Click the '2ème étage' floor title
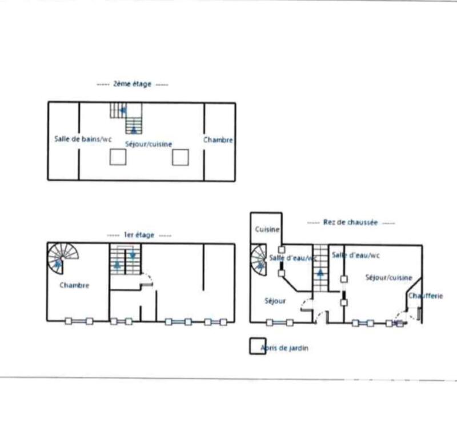point(132,84)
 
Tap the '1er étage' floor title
point(139,235)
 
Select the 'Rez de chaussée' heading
point(350,222)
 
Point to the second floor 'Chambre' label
point(218,140)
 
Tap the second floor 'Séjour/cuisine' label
point(149,144)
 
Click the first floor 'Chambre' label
point(74,285)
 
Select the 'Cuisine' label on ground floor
point(267,230)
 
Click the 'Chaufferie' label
point(426,296)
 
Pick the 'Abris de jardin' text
point(284,348)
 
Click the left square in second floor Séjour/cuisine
point(118,157)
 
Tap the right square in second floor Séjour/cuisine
point(181,157)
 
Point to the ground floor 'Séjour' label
point(275,300)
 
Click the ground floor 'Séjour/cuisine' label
point(388,277)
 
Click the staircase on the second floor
point(127,117)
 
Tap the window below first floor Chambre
point(79,321)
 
